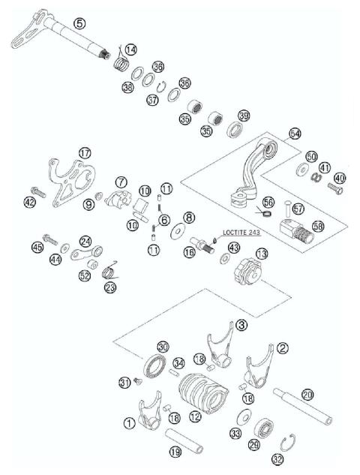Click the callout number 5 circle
click(x=79, y=25)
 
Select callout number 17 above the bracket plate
click(x=84, y=153)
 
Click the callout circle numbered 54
click(x=294, y=133)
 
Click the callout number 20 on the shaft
click(x=307, y=394)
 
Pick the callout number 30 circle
click(x=163, y=346)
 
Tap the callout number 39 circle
click(x=243, y=116)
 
